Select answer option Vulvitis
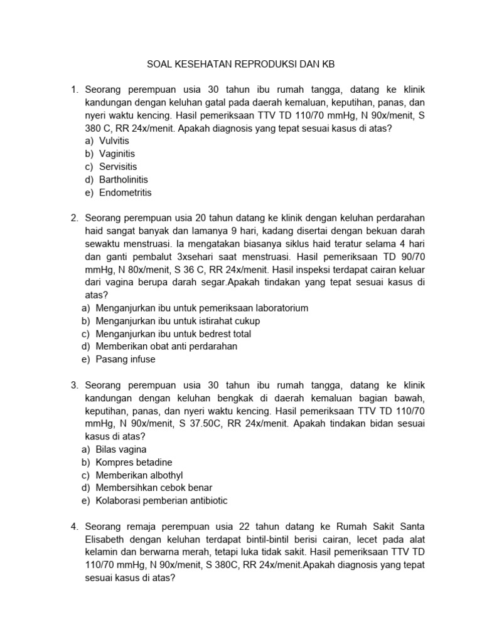tap(114, 141)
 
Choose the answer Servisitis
tap(117, 167)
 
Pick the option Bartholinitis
tap(123, 180)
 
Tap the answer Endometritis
tap(124, 192)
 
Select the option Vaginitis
tap(117, 154)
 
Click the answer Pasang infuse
tap(126, 359)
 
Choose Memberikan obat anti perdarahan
tap(166, 346)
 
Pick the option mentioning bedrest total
tap(173, 334)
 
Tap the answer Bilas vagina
tap(121, 450)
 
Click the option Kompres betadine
tap(134, 462)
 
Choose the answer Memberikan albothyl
tap(139, 475)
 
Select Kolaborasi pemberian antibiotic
tap(162, 501)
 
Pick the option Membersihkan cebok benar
tap(154, 488)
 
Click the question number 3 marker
tap(74, 385)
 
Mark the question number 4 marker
tap(74, 526)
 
